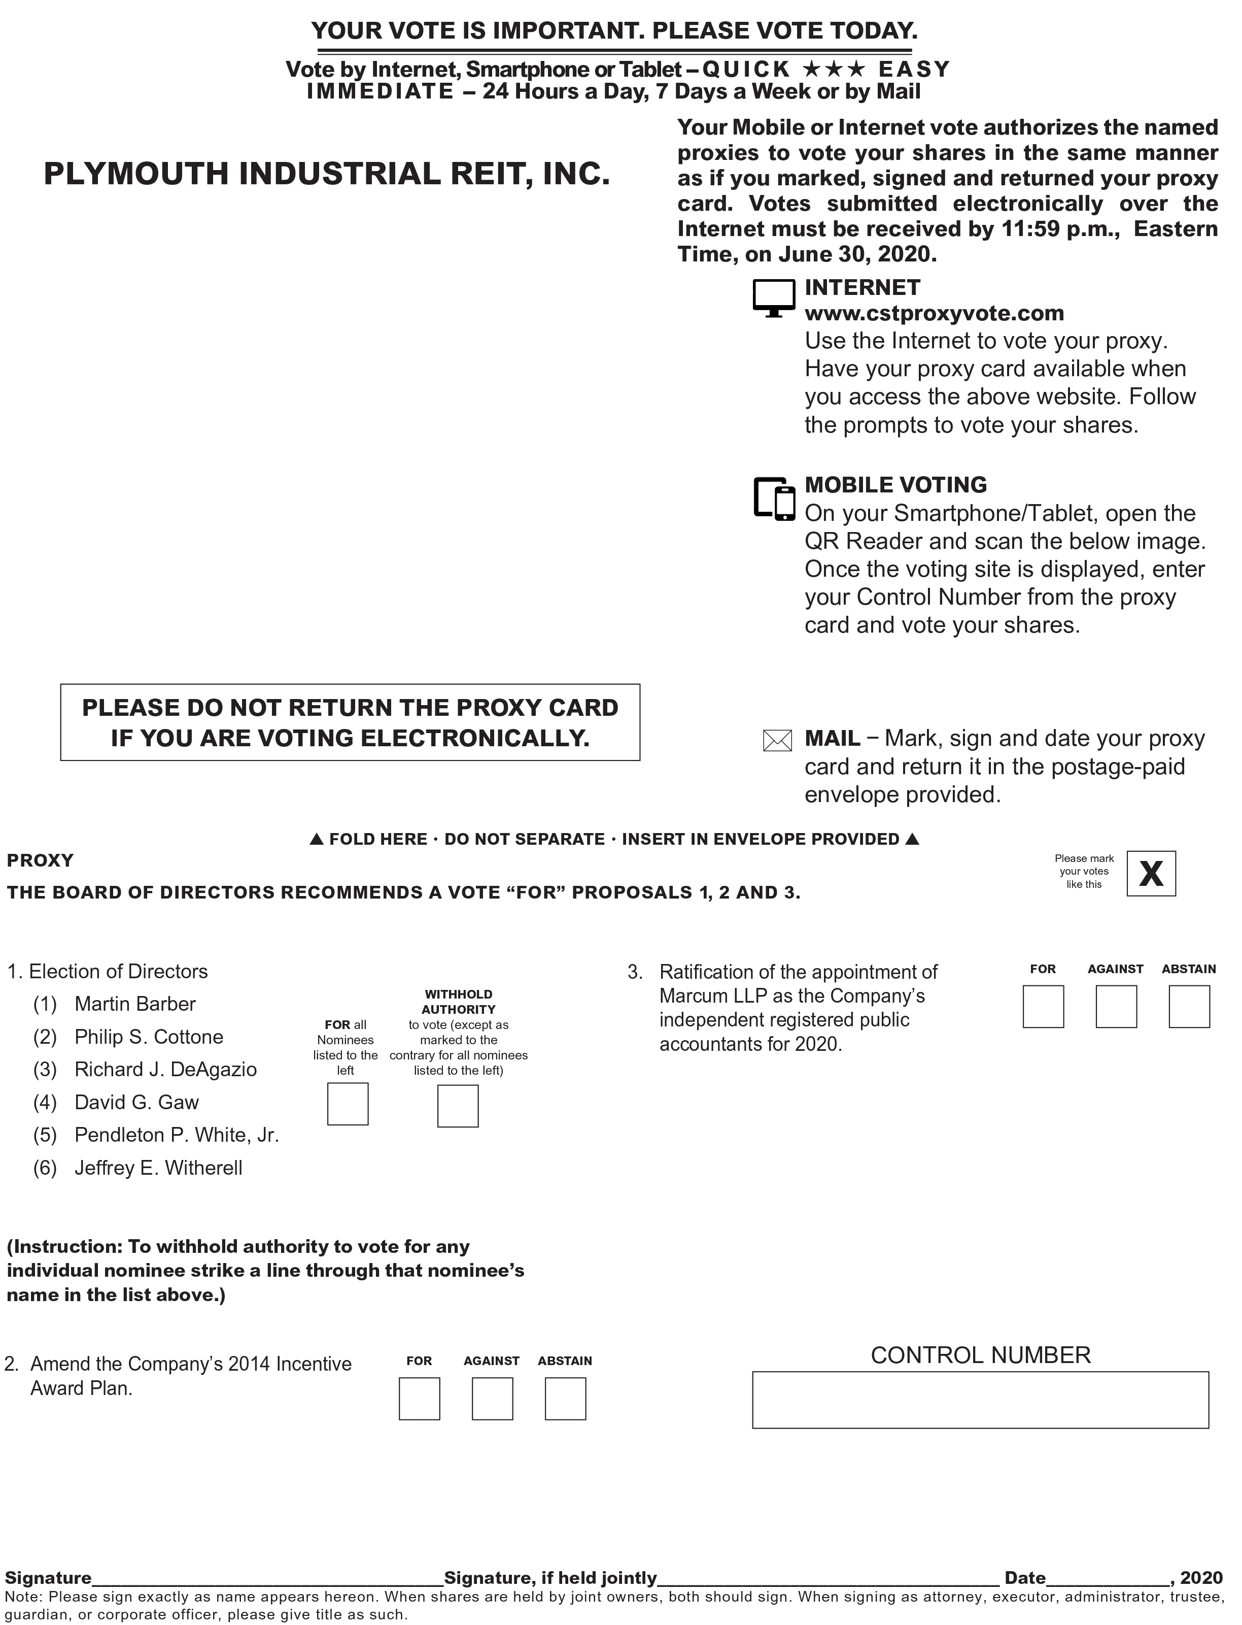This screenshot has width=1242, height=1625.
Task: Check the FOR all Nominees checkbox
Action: [348, 1104]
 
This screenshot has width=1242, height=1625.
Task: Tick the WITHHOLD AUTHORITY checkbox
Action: [458, 1106]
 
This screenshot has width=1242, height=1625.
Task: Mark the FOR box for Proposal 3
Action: [1043, 1007]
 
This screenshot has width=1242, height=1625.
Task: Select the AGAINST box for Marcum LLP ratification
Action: [1116, 1007]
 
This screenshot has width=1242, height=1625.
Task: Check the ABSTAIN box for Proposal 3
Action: [1189, 1007]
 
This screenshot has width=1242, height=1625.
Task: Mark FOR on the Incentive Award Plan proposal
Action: [419, 1399]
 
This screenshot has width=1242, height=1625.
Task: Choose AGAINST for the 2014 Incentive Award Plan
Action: [492, 1399]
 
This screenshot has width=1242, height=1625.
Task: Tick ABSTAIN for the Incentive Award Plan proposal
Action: [566, 1399]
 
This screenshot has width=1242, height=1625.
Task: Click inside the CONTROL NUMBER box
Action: [980, 1400]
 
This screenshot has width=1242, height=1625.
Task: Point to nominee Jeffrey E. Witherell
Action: [158, 1168]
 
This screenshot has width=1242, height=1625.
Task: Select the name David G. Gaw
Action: [137, 1102]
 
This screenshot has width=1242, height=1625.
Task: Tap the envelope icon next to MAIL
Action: [777, 740]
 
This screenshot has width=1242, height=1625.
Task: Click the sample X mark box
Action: [1151, 874]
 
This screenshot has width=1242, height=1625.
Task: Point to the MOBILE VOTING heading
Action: [895, 484]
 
